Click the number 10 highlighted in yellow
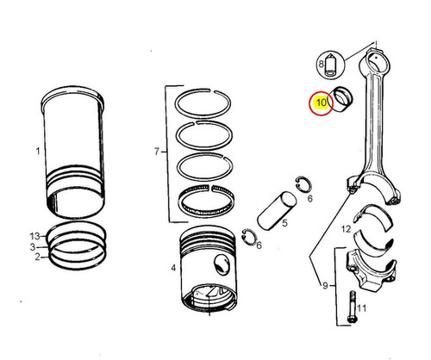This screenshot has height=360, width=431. (x=321, y=103)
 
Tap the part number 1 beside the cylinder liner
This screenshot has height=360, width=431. (x=37, y=152)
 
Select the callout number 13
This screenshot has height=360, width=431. (x=34, y=235)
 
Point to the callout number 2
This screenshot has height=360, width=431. (x=36, y=258)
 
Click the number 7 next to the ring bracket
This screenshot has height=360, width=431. (x=156, y=152)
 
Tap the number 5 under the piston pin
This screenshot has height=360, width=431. (x=282, y=226)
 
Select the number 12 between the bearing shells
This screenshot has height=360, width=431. (x=345, y=229)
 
